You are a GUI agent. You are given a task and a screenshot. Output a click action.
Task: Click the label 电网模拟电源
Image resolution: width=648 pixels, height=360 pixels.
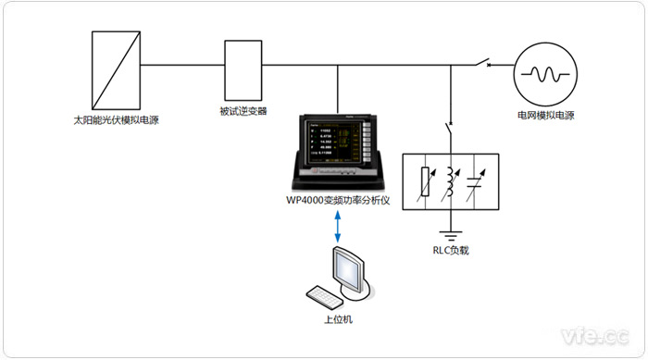tap(545, 118)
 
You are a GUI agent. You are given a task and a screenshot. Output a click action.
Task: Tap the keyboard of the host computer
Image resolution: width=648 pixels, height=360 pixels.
tap(325, 297)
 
